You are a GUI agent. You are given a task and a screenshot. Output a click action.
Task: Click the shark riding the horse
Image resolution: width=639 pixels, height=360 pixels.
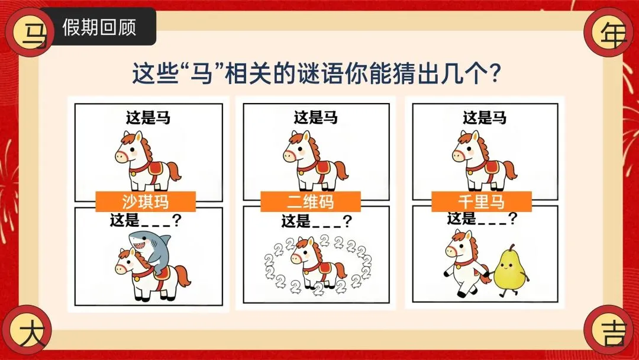(149, 249)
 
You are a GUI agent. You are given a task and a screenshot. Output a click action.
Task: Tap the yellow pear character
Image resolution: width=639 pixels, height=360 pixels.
(510, 269)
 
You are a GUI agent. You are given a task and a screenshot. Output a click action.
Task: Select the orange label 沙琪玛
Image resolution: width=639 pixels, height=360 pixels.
(146, 202)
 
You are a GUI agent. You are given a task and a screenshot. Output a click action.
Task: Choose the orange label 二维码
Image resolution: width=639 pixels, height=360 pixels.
(311, 202)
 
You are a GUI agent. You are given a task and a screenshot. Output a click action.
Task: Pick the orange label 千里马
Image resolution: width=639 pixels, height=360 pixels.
(481, 202)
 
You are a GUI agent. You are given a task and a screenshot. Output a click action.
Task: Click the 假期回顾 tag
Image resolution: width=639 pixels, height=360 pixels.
(99, 27)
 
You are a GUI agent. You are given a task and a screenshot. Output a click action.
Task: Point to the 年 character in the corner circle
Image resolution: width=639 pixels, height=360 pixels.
(612, 33)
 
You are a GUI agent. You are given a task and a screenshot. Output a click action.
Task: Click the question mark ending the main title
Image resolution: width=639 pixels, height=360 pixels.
(495, 73)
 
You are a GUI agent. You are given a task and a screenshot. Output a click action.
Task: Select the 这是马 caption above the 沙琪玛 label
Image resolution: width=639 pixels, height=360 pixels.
(147, 118)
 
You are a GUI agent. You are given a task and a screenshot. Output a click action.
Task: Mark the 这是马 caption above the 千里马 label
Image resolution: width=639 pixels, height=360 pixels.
(485, 118)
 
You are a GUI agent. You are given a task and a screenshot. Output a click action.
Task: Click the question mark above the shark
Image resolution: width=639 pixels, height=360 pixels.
(177, 220)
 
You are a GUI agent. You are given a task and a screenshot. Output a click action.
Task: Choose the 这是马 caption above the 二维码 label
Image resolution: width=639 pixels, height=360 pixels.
(316, 118)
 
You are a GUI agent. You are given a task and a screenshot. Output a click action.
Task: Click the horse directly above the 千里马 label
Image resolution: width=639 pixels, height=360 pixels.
(484, 160)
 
